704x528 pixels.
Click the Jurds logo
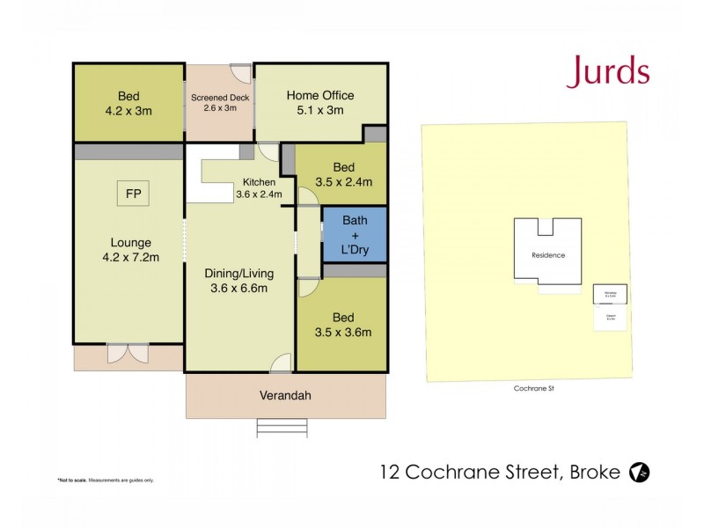click(608, 71)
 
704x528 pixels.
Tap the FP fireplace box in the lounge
click(133, 194)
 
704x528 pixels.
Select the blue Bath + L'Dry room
click(355, 235)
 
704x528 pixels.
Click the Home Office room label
click(320, 103)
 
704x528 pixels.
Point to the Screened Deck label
click(220, 102)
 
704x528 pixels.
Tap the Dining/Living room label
click(236, 280)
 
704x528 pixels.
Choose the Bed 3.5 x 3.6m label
click(343, 325)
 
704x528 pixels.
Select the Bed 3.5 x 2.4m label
click(343, 174)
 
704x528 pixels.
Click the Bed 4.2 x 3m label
click(128, 103)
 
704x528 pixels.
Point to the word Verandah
click(285, 396)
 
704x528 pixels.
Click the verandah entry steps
click(284, 428)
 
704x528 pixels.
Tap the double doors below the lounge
click(128, 352)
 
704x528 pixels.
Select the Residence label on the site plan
click(548, 255)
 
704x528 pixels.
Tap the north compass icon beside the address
click(640, 473)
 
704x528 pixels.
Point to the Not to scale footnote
click(106, 480)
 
